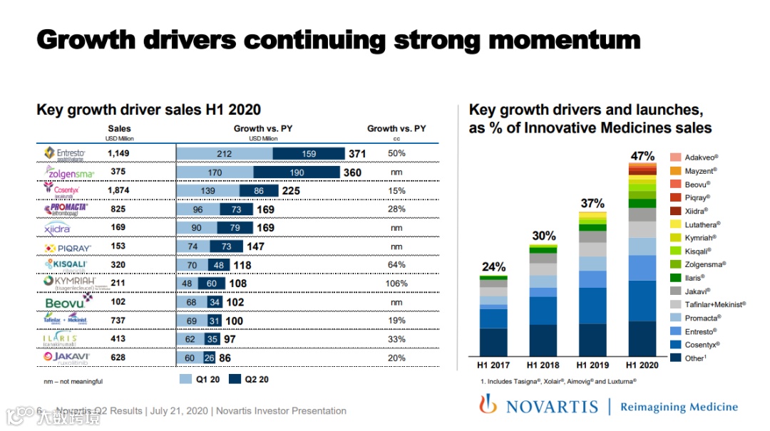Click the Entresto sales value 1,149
coord(119,153)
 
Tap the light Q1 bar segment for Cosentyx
coord(207,191)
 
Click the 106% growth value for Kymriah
coord(397,284)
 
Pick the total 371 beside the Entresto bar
coord(357,154)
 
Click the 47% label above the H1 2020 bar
coord(642,156)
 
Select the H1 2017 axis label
coord(493,365)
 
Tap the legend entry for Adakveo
coord(700,157)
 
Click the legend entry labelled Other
coord(694,358)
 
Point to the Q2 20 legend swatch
coord(235,380)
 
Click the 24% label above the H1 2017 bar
coord(493,267)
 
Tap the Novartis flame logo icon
coord(488,405)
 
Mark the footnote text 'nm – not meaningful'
coord(73,382)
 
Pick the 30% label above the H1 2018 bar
coord(543,237)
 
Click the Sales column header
coord(119,129)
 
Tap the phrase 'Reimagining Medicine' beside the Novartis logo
coord(678,407)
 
